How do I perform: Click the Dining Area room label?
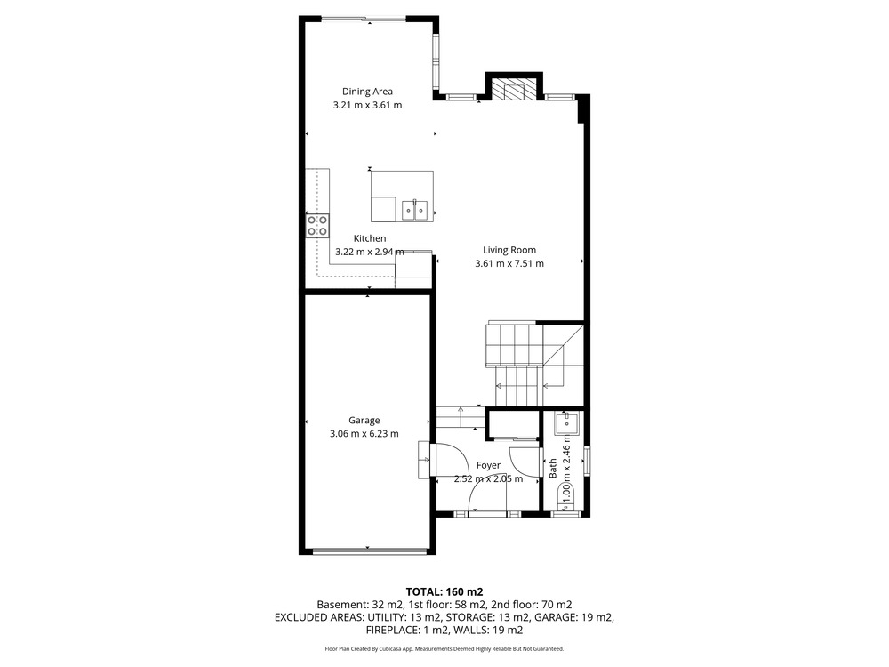367,92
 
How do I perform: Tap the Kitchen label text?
370,238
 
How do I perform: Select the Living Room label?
509,250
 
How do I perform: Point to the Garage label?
364,421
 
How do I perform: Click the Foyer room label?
488,466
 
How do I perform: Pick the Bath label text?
553,469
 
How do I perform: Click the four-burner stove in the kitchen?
317,226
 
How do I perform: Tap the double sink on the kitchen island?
414,210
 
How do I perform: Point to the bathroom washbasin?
566,423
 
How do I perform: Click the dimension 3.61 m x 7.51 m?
509,264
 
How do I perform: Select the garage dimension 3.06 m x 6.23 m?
364,434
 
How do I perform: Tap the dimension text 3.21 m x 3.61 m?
367,105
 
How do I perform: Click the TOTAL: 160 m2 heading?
444,592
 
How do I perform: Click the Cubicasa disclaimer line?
444,649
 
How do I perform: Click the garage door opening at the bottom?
370,550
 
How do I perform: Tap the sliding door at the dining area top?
364,20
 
